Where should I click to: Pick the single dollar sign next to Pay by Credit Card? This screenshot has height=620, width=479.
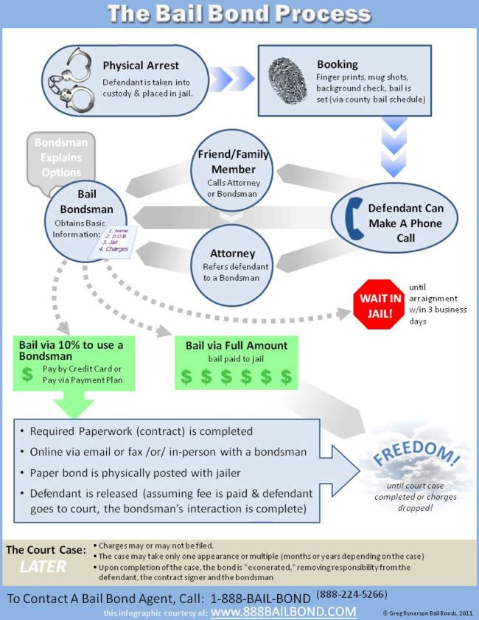28,374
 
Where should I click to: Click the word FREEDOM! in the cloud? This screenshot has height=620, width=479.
416,457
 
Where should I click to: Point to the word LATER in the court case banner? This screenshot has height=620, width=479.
41,567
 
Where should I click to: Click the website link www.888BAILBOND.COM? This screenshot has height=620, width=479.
283,612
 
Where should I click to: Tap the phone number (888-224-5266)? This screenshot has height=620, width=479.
352,594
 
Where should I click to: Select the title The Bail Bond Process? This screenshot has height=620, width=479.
239,13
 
